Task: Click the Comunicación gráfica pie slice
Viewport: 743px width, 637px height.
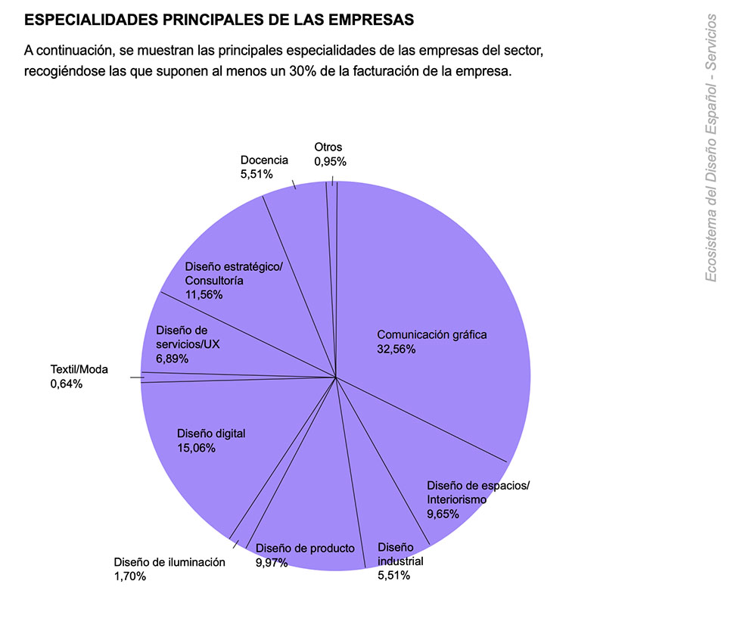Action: tap(439, 287)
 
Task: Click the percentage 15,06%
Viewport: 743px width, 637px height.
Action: tap(197, 448)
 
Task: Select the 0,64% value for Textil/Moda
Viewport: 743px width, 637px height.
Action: tap(67, 384)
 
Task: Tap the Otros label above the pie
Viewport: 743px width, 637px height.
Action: tap(328, 147)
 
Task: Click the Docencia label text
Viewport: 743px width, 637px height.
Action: tap(264, 160)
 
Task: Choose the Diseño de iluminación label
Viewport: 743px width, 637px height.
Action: tap(169, 562)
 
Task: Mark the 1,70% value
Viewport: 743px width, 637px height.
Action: tap(130, 576)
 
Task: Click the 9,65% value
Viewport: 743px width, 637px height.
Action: tap(443, 514)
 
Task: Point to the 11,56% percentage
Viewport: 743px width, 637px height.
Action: tap(204, 294)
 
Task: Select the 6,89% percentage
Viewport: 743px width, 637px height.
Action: tap(172, 358)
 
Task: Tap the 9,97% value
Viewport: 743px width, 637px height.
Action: tap(272, 562)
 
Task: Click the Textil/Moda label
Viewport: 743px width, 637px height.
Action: tap(79, 369)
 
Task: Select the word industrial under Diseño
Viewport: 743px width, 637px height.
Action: tap(400, 561)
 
